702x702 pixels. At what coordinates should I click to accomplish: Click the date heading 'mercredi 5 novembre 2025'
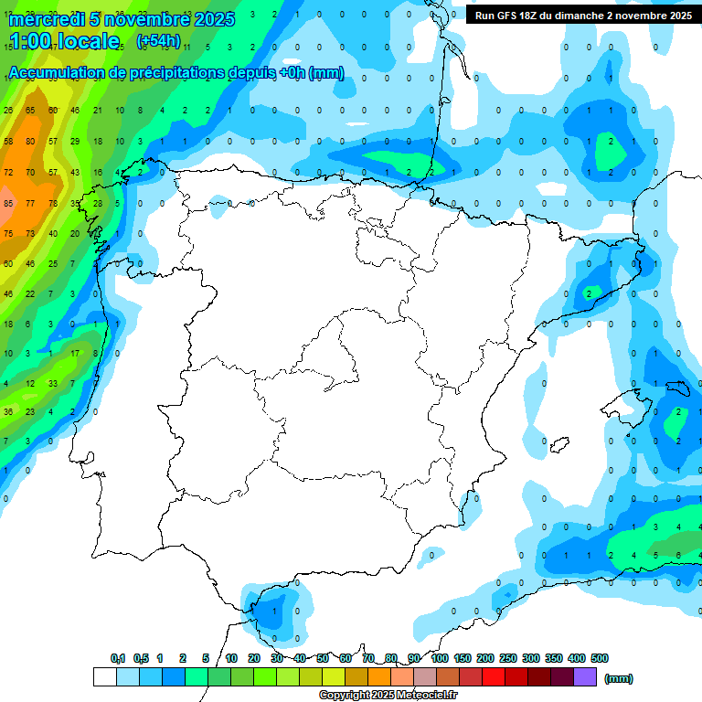pos(121,19)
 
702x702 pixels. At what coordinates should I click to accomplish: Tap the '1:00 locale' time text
pos(64,41)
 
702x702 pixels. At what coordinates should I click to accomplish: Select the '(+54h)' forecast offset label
pos(158,41)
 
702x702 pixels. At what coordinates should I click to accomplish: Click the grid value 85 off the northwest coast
pos(8,203)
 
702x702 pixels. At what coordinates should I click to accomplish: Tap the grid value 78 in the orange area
pos(53,203)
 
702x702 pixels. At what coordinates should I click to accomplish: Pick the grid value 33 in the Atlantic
pos(53,384)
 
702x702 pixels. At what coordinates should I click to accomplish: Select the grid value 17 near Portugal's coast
pos(75,353)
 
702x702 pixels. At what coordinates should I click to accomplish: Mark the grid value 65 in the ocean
pos(30,111)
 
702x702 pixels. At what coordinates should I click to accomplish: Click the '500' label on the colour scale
pos(600,658)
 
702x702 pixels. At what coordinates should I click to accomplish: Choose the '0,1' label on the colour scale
pos(117,658)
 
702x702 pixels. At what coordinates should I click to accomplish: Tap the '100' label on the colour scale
pos(440,658)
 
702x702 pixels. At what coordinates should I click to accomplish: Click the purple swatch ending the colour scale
pos(585,676)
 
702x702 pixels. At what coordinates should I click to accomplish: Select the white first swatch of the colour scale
pos(104,676)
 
